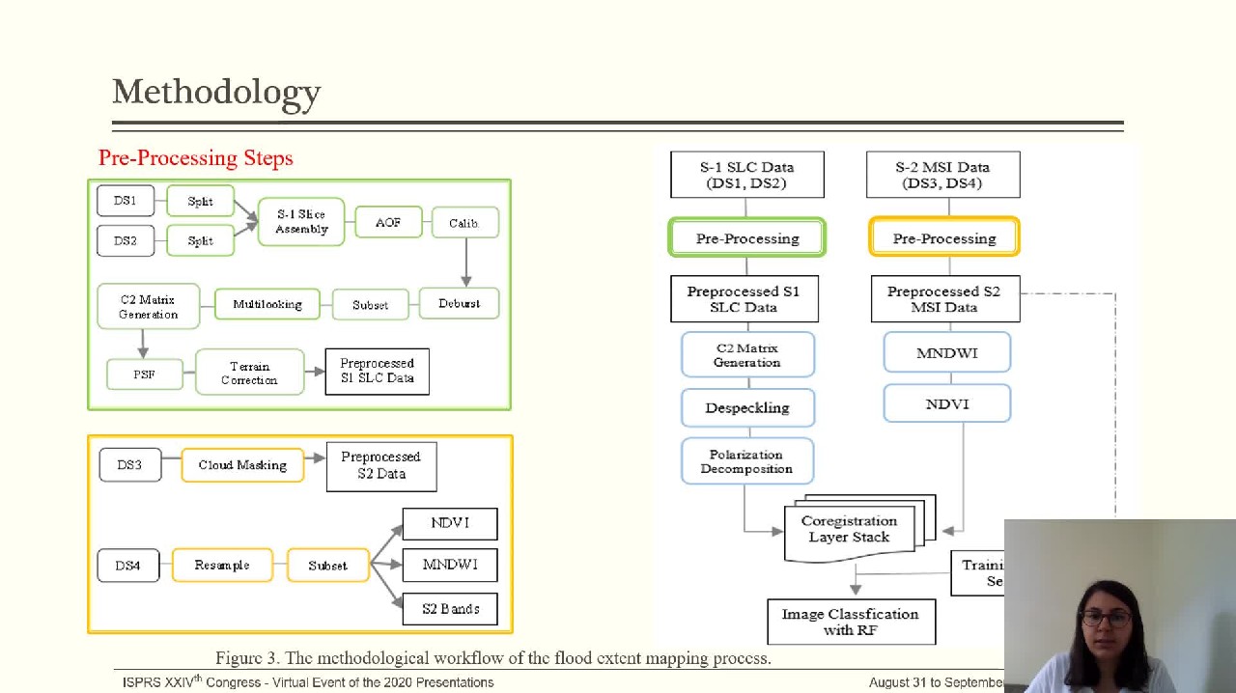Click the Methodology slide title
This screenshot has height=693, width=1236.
(x=216, y=93)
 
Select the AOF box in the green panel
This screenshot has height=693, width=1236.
(x=388, y=223)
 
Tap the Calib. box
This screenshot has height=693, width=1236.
(x=464, y=223)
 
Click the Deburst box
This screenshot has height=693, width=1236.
(x=459, y=304)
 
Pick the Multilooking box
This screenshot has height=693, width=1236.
(x=267, y=304)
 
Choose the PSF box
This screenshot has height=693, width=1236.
(x=144, y=374)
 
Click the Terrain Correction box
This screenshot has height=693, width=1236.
(x=249, y=373)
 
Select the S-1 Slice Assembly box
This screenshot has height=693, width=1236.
(x=301, y=222)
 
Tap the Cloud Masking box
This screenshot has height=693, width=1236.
(x=242, y=465)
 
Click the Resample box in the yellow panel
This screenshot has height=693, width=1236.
(x=222, y=565)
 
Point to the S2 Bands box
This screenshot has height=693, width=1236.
(x=450, y=609)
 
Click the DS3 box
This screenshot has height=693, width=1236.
(x=129, y=465)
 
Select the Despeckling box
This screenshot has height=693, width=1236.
(x=747, y=407)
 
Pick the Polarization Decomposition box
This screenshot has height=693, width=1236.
(x=746, y=461)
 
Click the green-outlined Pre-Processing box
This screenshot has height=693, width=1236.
(x=747, y=238)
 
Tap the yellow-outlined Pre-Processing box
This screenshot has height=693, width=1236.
(x=944, y=238)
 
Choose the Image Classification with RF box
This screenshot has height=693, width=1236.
(x=851, y=622)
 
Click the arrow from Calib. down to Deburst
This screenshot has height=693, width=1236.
(x=466, y=261)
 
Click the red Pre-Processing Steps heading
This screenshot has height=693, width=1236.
(x=195, y=158)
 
